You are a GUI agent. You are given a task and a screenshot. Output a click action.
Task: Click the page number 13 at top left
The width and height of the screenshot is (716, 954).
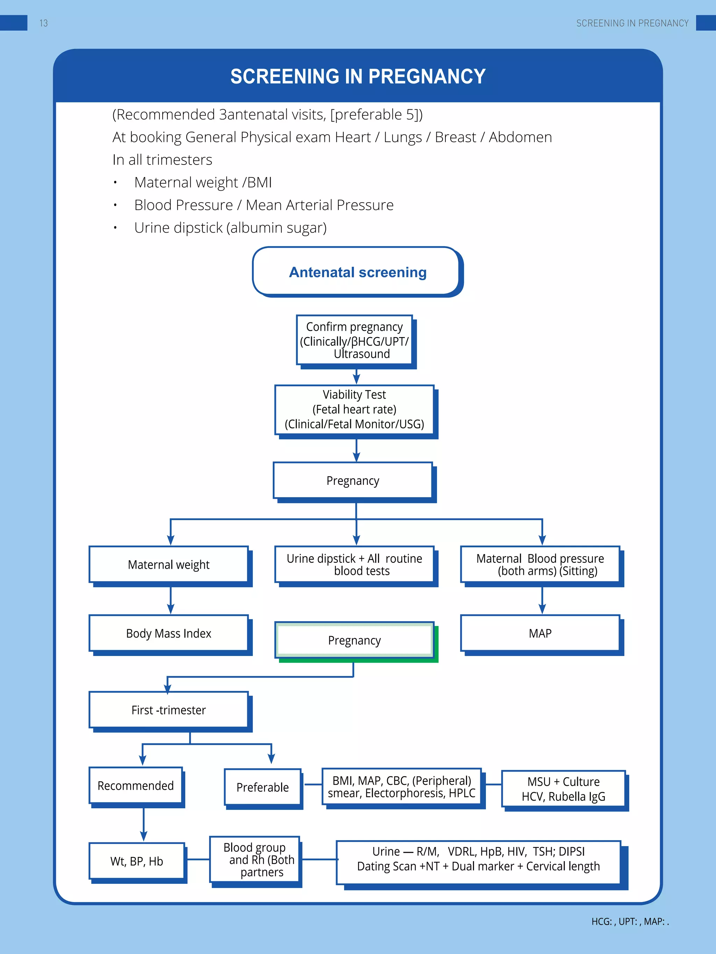coord(44,23)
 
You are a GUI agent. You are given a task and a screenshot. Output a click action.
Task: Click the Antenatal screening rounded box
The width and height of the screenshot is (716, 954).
coord(357,272)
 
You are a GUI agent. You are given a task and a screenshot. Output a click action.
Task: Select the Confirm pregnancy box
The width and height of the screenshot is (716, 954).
coord(355,340)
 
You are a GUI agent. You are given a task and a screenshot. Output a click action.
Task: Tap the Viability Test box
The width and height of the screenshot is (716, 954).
coord(355,409)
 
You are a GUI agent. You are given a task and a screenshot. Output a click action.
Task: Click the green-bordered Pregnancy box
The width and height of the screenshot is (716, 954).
coord(355,640)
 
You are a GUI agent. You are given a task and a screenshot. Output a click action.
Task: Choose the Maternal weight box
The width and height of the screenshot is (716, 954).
coord(169,565)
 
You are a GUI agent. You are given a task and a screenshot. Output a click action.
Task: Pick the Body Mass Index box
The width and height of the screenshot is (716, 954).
coord(169,633)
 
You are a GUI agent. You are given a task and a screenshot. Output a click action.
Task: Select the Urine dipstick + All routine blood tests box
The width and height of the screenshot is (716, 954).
coord(355,565)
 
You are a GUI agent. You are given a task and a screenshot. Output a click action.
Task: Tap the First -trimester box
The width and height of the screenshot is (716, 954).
coord(169,710)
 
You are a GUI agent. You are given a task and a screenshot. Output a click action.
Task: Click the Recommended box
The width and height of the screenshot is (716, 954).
coord(136,785)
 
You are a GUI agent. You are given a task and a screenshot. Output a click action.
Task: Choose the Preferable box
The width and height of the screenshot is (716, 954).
coord(263,787)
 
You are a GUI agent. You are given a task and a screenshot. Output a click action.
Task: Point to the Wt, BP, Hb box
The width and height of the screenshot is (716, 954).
coord(137,861)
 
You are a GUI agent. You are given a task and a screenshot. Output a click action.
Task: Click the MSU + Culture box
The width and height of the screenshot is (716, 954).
coord(563,789)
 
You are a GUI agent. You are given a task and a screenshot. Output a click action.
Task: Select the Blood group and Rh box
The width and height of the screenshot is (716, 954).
coord(255,860)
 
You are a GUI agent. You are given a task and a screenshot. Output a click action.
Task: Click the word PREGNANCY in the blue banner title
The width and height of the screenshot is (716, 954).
coord(427,77)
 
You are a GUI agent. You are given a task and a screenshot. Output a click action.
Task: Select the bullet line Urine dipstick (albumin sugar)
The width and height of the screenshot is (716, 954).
coord(230,228)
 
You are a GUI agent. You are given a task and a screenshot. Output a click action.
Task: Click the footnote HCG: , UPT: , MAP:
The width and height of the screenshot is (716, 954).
coord(630,922)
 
